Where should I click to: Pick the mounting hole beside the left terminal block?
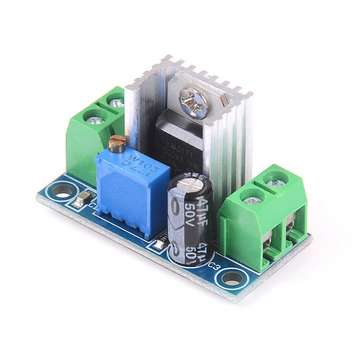coord(60,191)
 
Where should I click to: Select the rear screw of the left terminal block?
coord(116,103)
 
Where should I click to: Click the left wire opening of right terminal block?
coord(269,240)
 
